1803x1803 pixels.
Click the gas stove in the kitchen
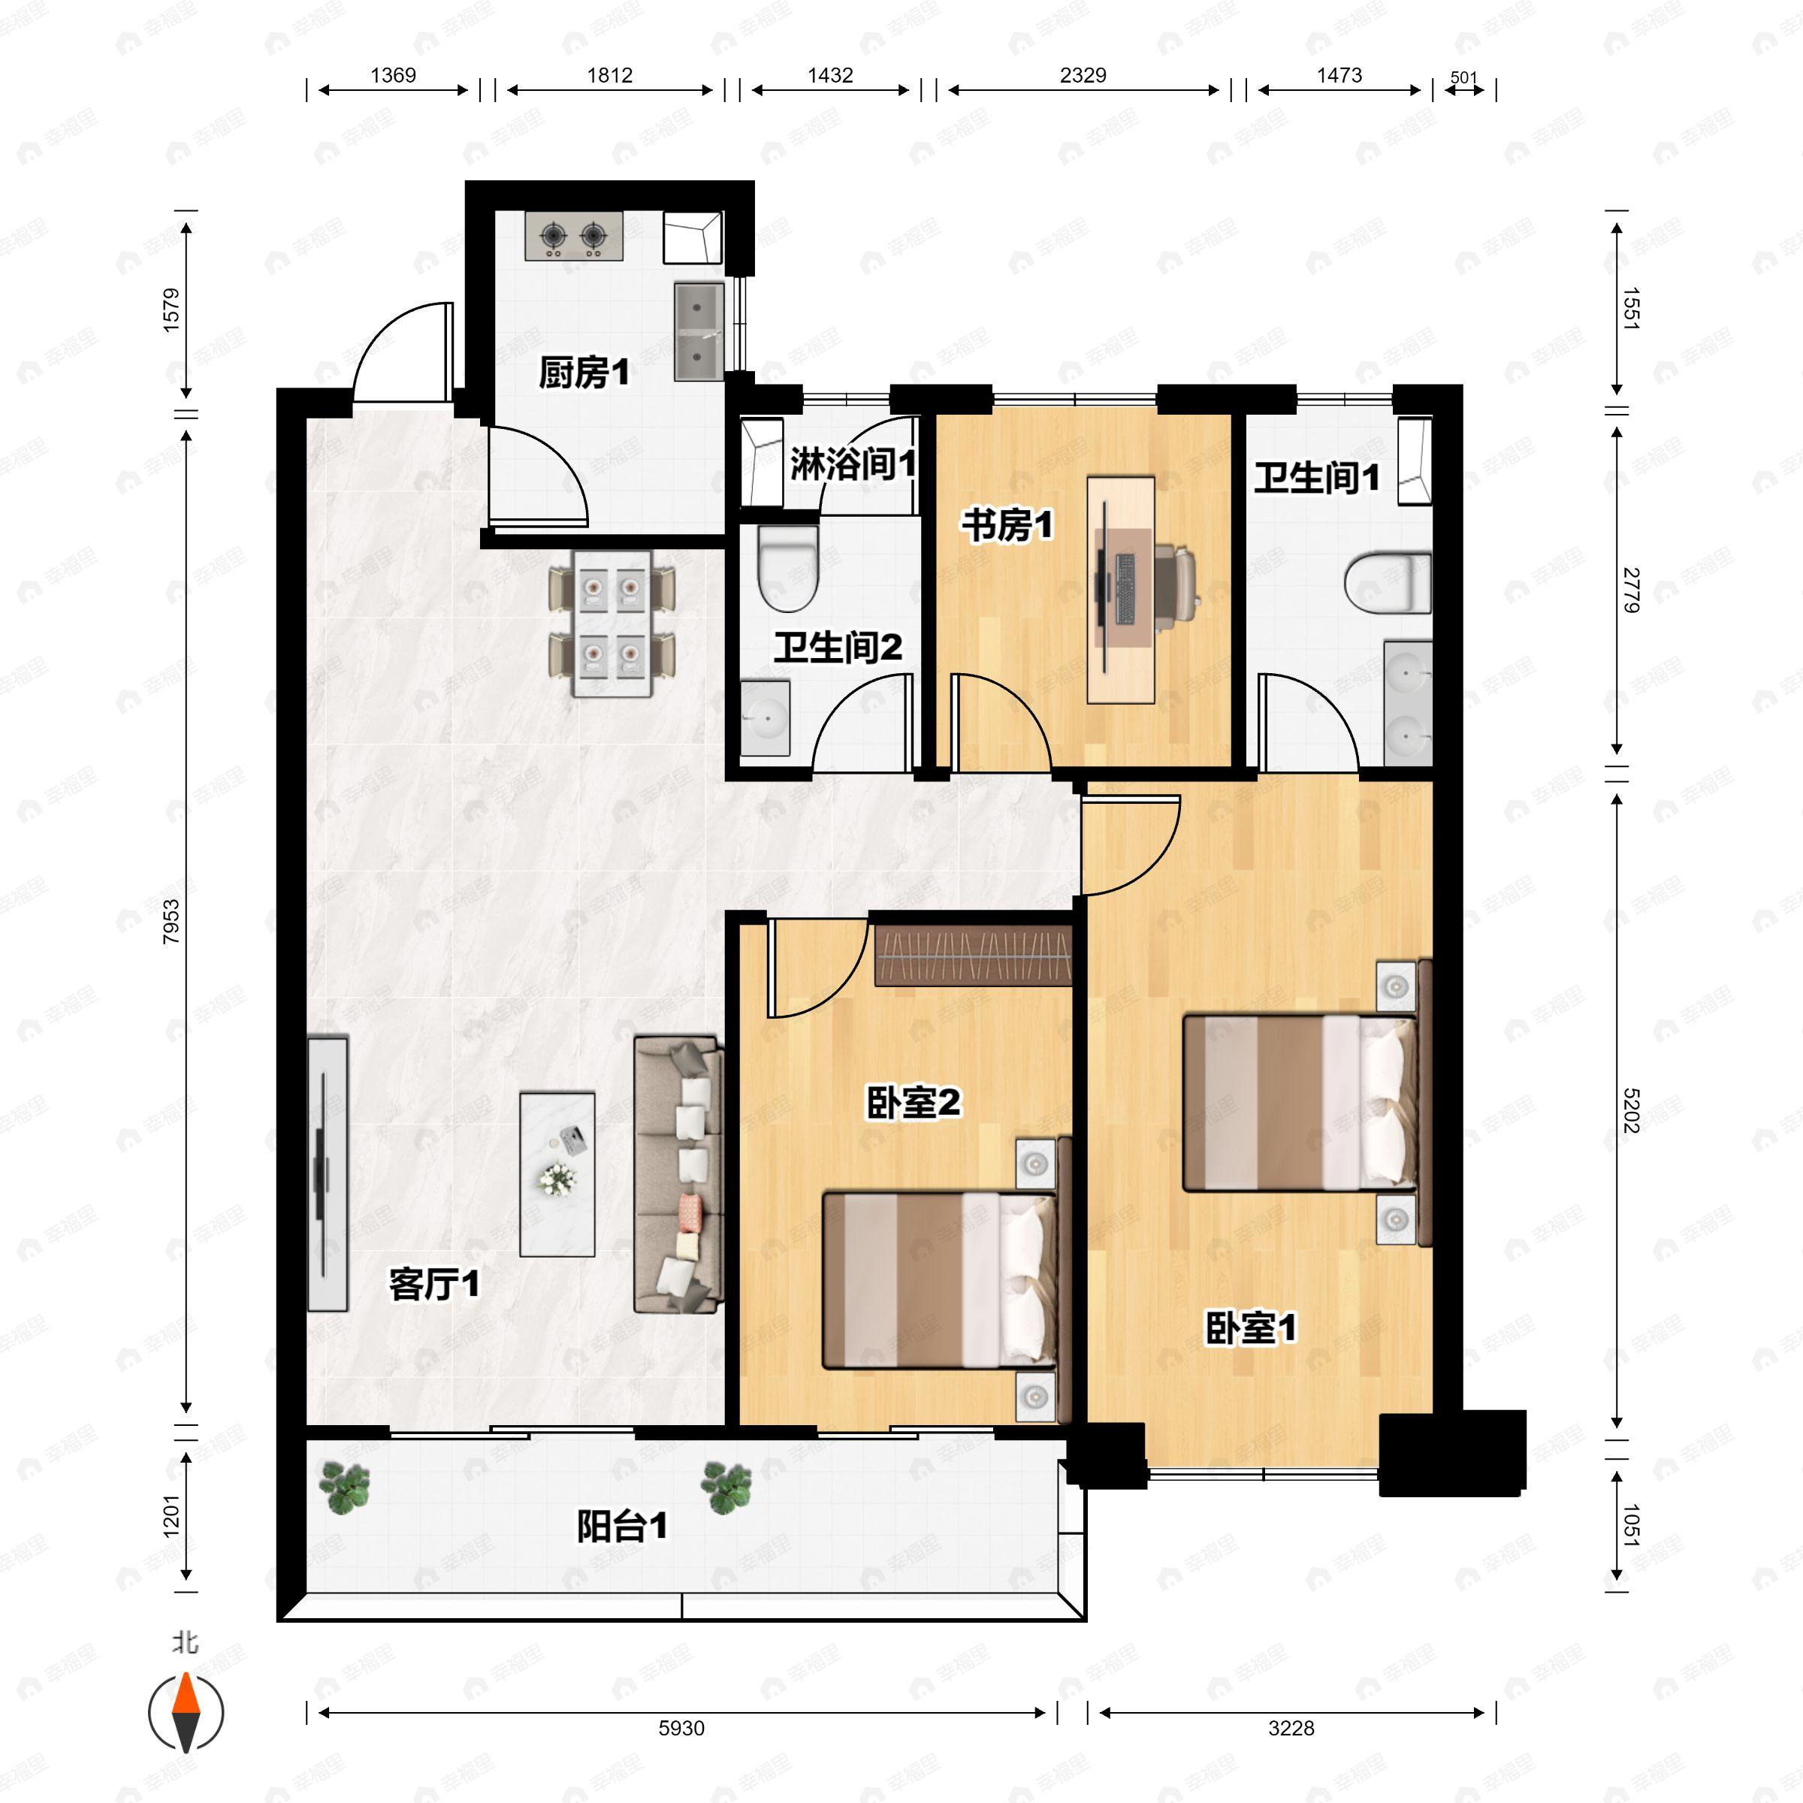pos(574,236)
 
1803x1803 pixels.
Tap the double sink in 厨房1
pos(699,331)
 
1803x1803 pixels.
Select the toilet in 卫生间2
pos(787,569)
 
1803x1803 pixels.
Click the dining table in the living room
pos(612,624)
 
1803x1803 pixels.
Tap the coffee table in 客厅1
pos(557,1174)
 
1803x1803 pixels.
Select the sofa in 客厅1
pos(678,1175)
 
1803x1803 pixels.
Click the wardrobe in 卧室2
pos(972,955)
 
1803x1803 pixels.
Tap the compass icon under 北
pos(186,1711)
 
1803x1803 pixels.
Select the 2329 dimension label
pos(1083,74)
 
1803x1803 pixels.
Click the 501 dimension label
pos(1464,77)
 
